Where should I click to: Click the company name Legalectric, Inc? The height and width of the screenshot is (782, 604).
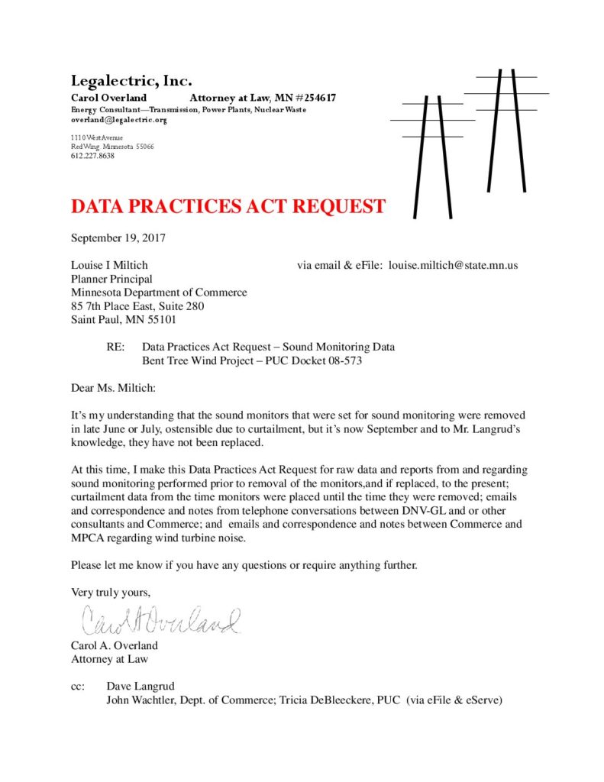click(131, 81)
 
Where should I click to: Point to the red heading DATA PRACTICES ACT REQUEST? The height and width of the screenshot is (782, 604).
click(228, 206)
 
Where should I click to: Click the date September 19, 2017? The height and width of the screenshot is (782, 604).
click(118, 238)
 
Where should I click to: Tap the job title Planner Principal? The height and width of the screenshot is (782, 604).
click(111, 279)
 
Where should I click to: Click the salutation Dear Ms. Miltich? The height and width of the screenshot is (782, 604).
click(112, 388)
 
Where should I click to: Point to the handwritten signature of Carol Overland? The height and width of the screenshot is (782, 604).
click(160, 621)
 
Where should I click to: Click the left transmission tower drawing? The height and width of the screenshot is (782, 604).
click(432, 153)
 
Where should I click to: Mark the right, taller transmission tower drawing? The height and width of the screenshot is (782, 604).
click(506, 137)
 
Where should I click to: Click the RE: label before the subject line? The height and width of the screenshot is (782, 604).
click(116, 347)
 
